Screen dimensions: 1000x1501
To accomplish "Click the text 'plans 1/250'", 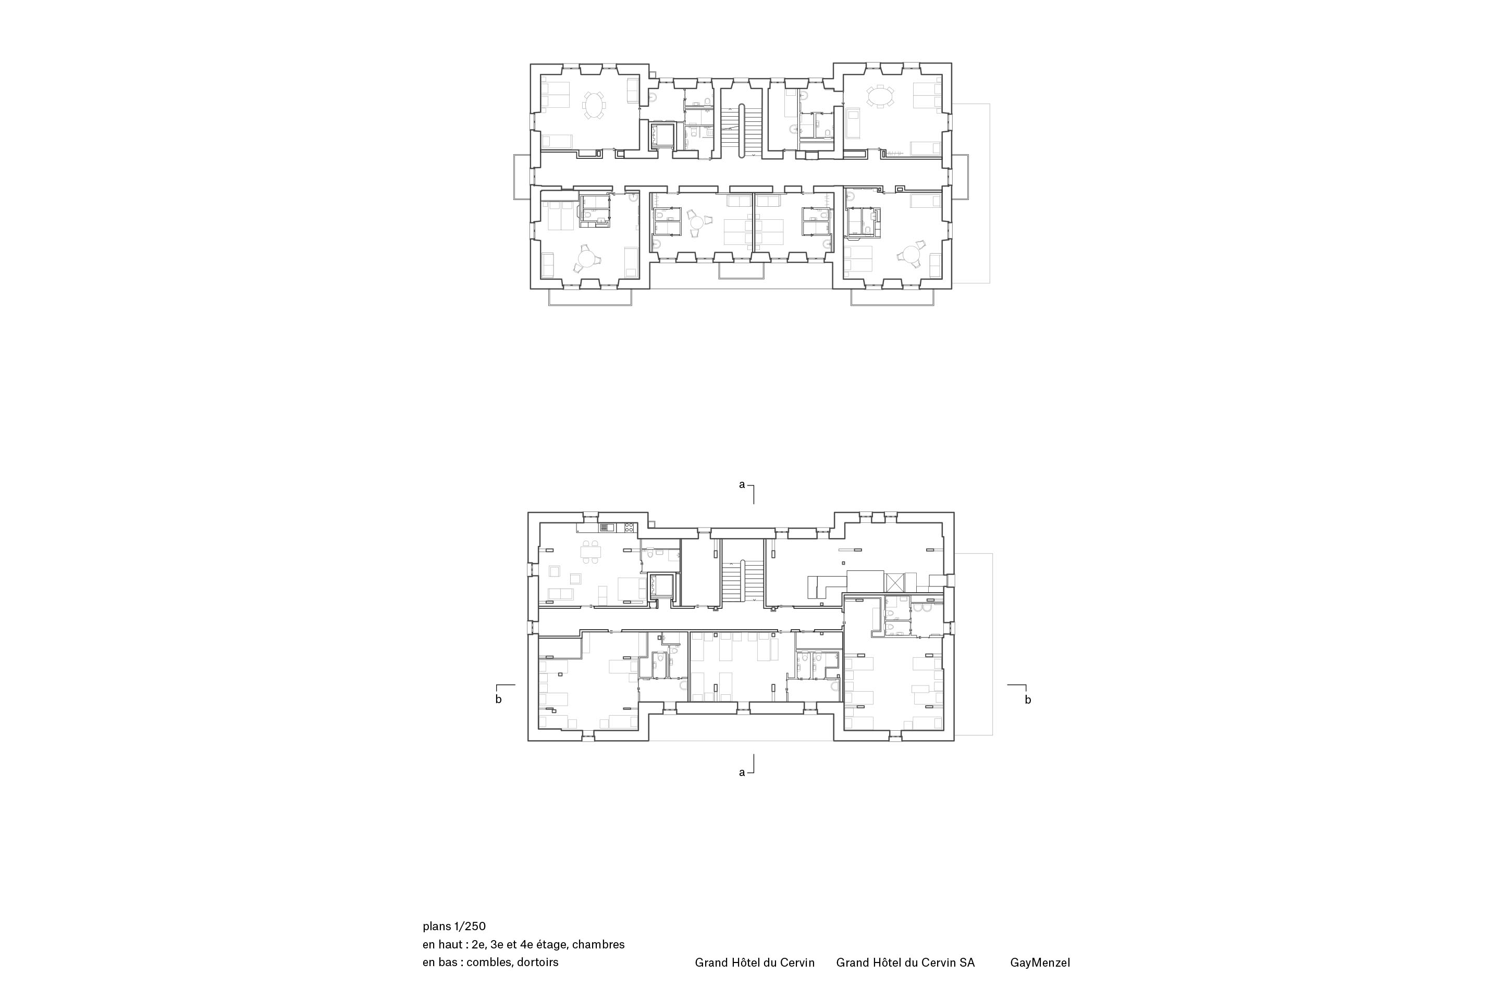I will point(454,926).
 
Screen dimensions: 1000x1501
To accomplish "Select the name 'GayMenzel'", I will point(1040,963).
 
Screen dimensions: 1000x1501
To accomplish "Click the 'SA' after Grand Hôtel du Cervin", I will point(966,963).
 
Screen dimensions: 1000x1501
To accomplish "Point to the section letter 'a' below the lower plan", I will point(742,772).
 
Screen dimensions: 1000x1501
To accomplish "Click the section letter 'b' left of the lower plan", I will point(498,699).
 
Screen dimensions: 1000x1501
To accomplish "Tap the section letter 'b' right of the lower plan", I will point(1027,699).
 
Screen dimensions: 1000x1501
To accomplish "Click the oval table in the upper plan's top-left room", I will point(148,105).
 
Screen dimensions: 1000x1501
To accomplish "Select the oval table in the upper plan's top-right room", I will point(881,97).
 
